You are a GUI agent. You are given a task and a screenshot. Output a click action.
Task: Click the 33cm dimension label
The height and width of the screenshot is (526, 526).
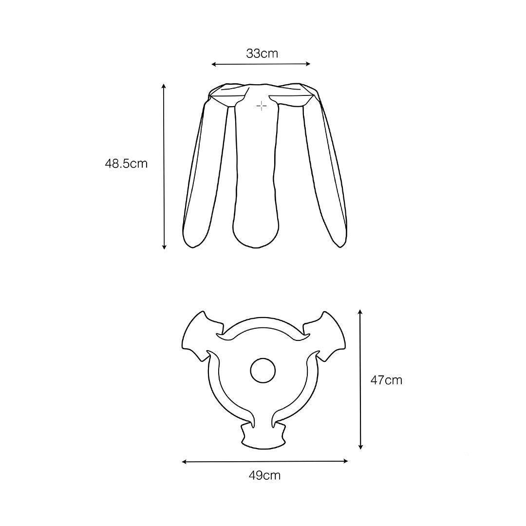(x=262, y=54)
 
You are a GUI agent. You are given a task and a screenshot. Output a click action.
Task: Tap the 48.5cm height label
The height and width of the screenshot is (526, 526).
(x=126, y=164)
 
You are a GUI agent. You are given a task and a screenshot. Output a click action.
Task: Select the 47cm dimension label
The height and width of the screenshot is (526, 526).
(x=386, y=380)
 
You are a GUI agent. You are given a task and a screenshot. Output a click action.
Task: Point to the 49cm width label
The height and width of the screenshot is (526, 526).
(x=264, y=475)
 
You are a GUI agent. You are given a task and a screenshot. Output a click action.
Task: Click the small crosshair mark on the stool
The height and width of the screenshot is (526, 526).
(x=262, y=106)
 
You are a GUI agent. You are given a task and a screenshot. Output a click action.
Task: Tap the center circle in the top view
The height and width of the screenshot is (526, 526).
(x=263, y=371)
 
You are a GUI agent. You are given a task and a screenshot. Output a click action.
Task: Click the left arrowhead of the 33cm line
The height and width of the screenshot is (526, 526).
(x=214, y=64)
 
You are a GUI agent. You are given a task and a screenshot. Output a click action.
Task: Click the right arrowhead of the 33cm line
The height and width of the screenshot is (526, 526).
(x=308, y=64)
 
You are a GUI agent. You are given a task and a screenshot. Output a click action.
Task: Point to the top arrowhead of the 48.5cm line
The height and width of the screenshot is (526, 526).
(x=164, y=86)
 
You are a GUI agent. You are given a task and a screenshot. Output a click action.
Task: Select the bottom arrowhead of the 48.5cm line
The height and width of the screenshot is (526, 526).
(x=164, y=247)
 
